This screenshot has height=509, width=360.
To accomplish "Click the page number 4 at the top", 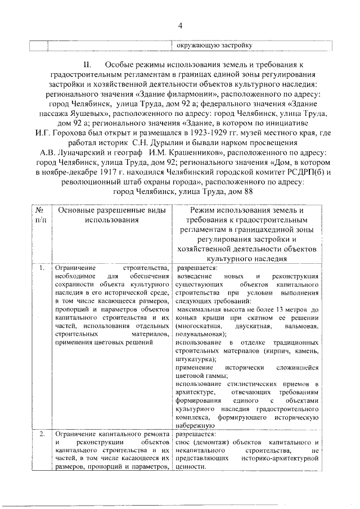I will (x=181, y=25).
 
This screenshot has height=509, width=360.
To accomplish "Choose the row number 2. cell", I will (x=42, y=434).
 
